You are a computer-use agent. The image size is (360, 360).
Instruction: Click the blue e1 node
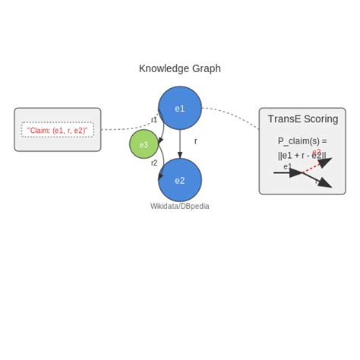(x=180, y=108)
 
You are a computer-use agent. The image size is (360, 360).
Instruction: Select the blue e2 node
(x=180, y=180)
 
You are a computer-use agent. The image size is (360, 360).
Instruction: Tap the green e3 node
(x=144, y=144)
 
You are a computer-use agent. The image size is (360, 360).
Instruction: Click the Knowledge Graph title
(x=180, y=68)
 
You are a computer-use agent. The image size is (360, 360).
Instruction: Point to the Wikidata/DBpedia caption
(x=180, y=206)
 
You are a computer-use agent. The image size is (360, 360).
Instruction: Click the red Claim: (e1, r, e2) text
(x=58, y=130)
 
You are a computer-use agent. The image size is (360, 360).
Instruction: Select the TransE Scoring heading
(x=302, y=119)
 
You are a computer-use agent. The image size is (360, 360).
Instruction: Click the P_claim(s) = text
(x=302, y=141)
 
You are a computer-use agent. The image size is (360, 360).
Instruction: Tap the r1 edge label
(x=154, y=120)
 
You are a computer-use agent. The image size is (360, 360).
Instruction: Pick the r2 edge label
(x=154, y=163)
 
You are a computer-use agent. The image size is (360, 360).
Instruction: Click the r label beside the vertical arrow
(x=195, y=141)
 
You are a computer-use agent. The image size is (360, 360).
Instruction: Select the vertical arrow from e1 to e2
(x=180, y=144)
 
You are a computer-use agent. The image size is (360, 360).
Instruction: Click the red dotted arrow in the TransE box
(x=313, y=166)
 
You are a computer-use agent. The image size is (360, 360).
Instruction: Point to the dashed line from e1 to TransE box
(x=232, y=114)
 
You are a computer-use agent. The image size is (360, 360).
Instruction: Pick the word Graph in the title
(x=205, y=68)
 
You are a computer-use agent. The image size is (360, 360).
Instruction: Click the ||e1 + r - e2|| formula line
(x=302, y=156)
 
